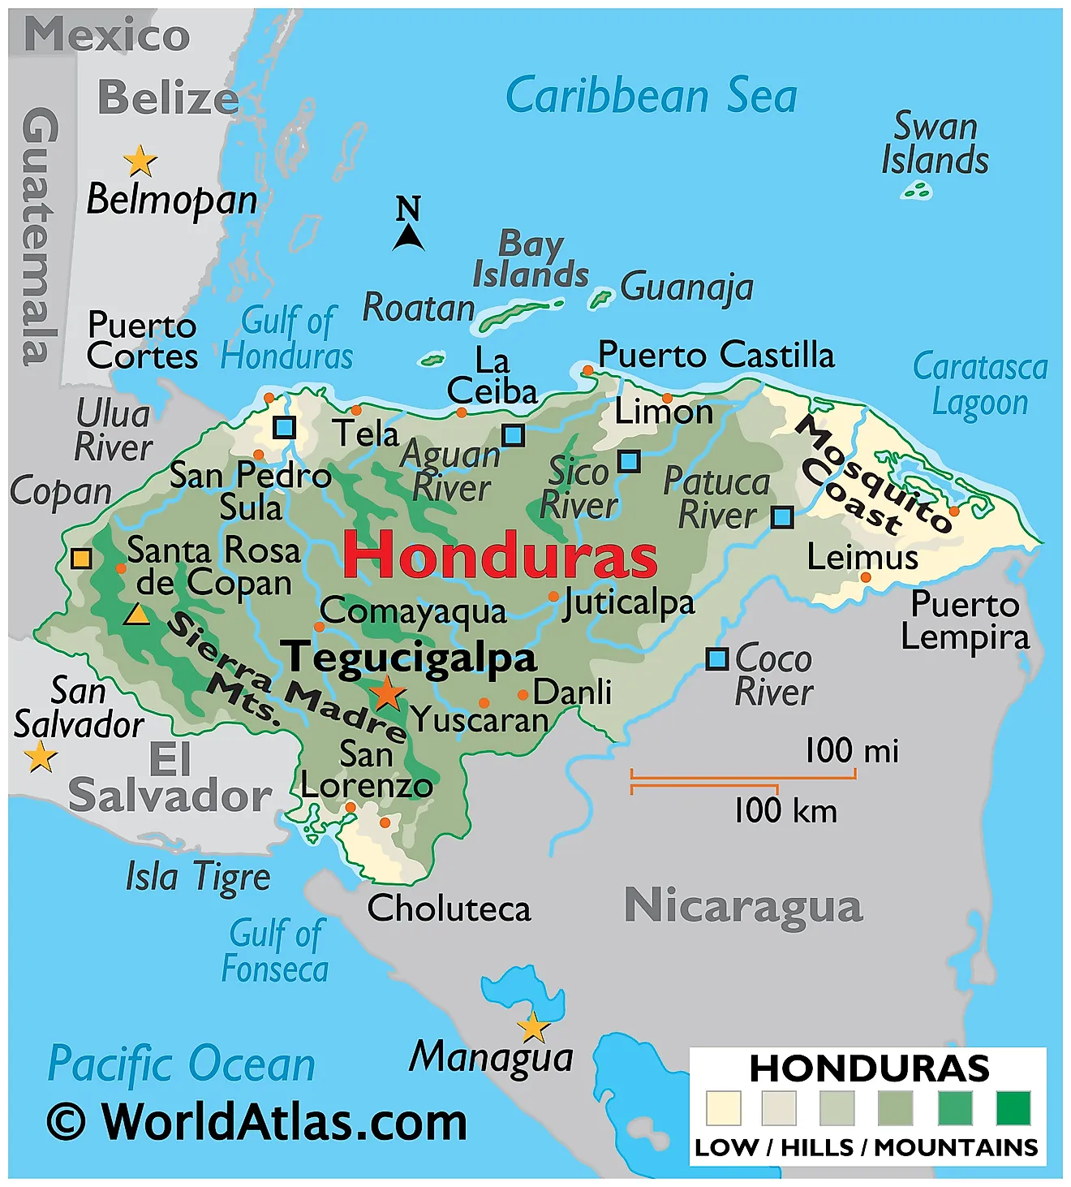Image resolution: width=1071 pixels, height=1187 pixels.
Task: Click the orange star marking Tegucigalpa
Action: click(x=388, y=694)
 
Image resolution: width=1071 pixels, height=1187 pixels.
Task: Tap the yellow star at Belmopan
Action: click(x=140, y=162)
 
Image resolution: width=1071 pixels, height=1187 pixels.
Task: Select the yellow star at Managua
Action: click(x=533, y=1028)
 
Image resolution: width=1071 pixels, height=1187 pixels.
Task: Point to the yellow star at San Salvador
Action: click(x=41, y=758)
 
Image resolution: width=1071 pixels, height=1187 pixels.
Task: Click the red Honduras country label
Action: click(x=499, y=555)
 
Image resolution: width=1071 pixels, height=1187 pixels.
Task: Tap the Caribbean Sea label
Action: click(x=651, y=96)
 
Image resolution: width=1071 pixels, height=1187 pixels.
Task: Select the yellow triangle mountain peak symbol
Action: click(x=136, y=615)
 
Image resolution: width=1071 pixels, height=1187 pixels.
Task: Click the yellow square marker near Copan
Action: click(x=81, y=559)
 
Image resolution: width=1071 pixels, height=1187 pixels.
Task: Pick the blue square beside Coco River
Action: click(x=716, y=658)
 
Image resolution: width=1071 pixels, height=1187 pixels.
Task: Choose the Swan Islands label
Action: click(x=935, y=144)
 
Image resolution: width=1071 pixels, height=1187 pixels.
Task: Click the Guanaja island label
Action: click(x=686, y=287)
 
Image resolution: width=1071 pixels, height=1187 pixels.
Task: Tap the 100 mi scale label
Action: click(x=851, y=751)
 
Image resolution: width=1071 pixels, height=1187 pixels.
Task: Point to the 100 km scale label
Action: click(x=785, y=810)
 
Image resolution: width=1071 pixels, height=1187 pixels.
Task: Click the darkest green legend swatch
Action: click(x=1013, y=1108)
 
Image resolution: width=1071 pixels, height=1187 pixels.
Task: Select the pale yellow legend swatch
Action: click(x=723, y=1108)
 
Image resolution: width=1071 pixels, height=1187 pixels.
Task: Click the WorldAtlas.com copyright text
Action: click(x=256, y=1123)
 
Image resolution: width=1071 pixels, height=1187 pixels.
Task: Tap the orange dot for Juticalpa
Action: click(x=553, y=597)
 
